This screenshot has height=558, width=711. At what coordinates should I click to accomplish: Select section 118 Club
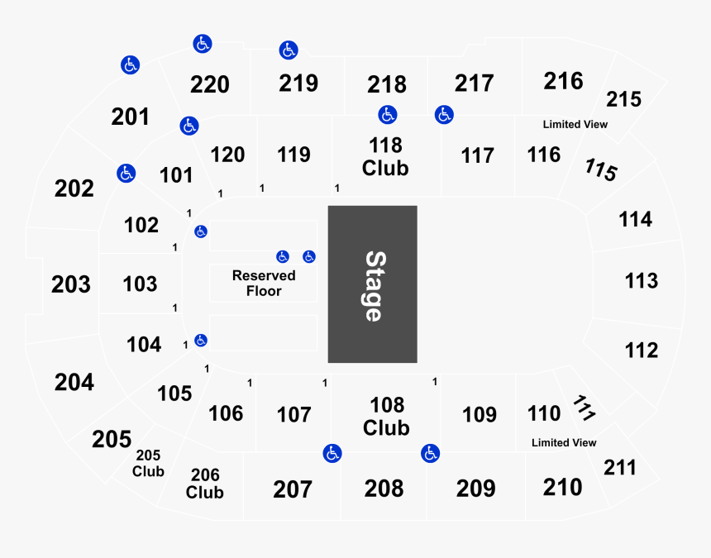(385, 157)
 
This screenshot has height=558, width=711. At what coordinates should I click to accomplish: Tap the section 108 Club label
(386, 416)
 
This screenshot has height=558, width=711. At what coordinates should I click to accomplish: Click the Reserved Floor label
(264, 284)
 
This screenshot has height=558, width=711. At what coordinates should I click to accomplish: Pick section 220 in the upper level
(209, 84)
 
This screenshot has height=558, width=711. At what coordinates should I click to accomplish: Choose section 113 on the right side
(642, 280)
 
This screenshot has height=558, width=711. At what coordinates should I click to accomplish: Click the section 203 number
(71, 284)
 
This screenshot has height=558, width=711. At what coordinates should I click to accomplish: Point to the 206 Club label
(204, 484)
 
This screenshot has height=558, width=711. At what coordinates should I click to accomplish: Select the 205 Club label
(148, 463)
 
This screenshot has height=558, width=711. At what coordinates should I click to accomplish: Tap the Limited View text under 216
(575, 124)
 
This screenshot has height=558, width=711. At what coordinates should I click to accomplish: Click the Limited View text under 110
(564, 442)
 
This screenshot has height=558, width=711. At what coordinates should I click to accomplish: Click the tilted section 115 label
(601, 169)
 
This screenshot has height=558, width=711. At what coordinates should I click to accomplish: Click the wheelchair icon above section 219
(289, 50)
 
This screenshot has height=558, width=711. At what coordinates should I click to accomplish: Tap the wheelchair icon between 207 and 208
(332, 453)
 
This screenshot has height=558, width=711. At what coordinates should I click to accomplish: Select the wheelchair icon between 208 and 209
(430, 453)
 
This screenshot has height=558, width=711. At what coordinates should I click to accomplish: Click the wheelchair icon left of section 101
(126, 173)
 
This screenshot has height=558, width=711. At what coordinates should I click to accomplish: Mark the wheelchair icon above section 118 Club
(388, 115)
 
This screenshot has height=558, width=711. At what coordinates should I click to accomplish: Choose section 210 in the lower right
(562, 487)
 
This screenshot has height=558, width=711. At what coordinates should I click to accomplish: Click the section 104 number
(144, 345)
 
